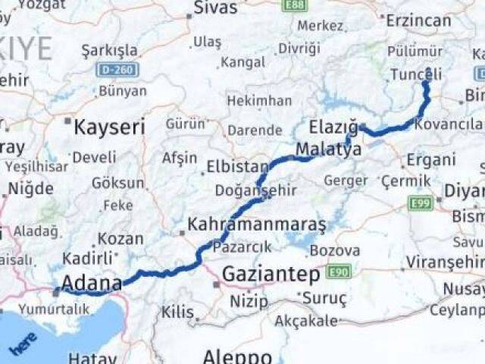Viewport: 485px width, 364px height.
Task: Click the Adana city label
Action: click(91, 284)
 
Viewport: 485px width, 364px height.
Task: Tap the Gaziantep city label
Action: click(271, 275)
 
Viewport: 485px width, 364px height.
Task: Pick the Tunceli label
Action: click(416, 74)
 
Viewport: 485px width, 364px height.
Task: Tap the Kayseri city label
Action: click(109, 127)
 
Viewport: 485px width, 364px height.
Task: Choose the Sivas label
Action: click(215, 9)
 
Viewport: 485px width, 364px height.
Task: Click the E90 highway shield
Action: click(338, 271)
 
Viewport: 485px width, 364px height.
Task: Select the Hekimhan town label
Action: click(259, 101)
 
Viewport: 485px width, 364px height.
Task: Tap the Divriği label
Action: click(299, 48)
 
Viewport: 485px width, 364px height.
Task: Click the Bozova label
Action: click(334, 250)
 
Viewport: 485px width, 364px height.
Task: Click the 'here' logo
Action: click(22, 347)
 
